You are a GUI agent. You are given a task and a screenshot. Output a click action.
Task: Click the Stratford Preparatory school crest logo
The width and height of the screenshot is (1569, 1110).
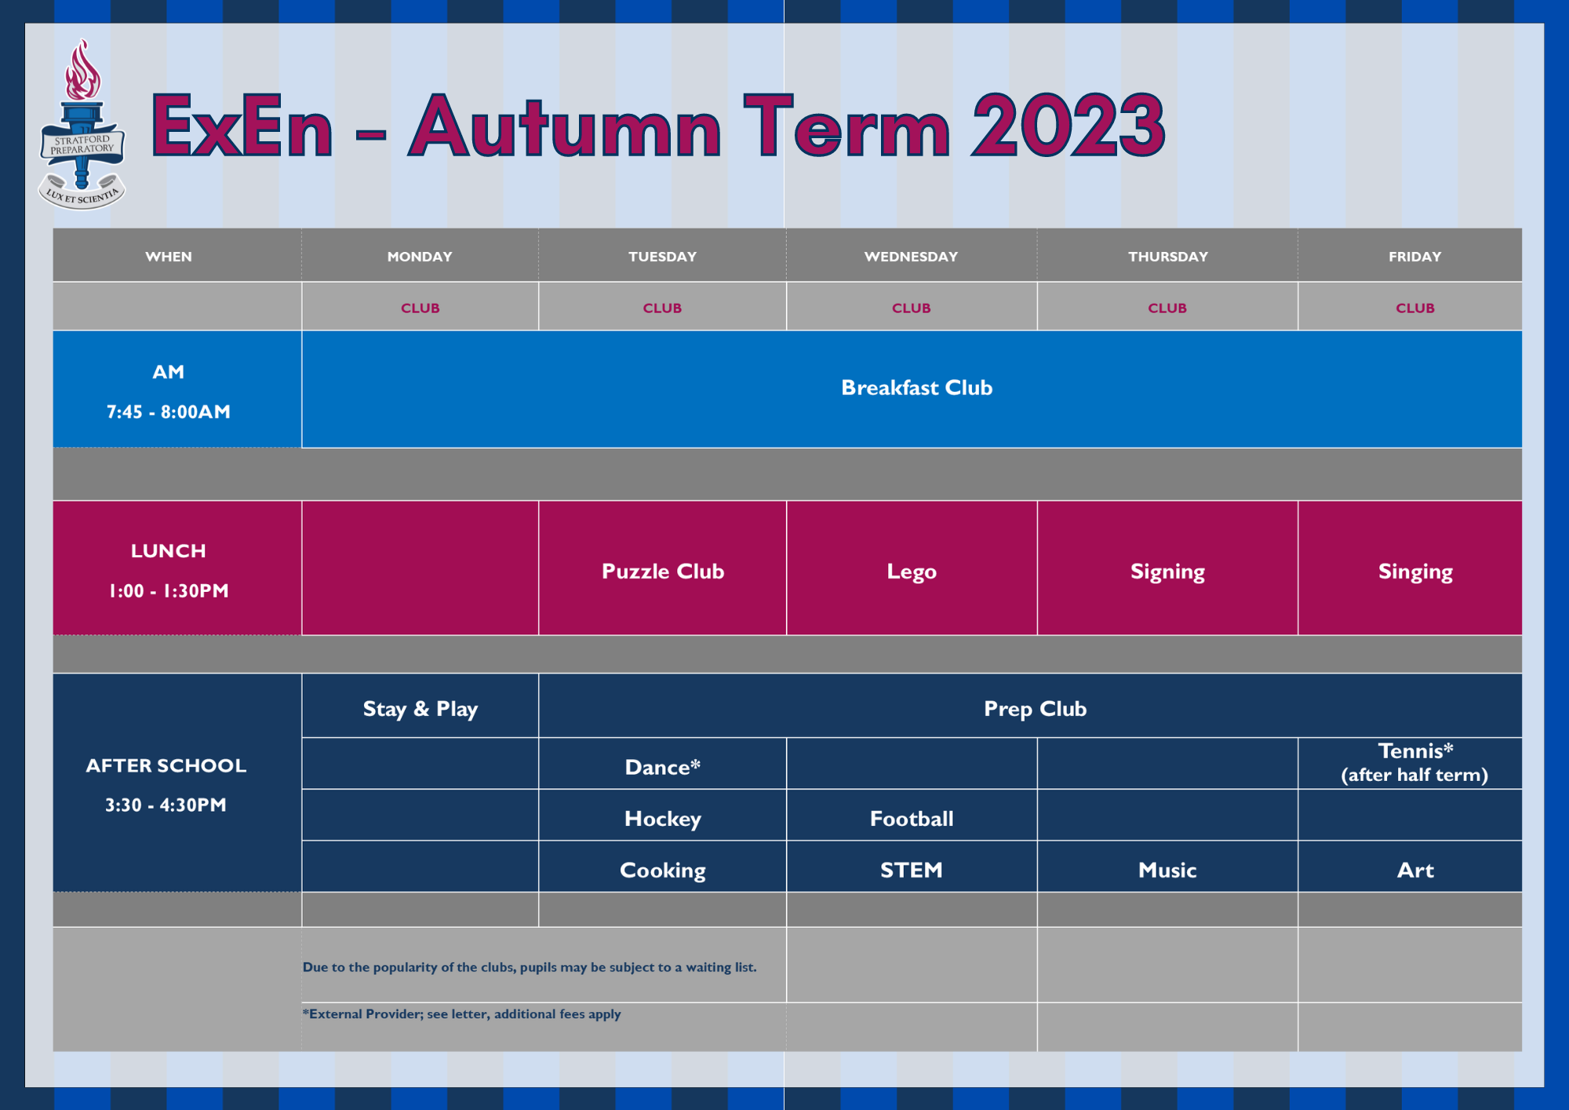pos(82,125)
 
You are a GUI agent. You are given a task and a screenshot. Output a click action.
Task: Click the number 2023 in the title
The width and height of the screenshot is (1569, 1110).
pos(1068,126)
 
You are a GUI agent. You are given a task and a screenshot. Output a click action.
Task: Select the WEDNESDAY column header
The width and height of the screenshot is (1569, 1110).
pos(911,257)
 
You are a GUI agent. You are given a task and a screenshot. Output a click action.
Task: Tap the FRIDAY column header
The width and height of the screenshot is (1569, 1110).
pos(1414,257)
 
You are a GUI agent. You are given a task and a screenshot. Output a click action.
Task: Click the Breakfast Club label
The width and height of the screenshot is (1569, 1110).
pos(916,388)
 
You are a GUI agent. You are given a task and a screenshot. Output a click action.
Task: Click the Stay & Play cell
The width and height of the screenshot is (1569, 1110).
pos(420,709)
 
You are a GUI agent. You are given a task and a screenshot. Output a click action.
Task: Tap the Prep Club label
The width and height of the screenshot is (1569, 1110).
pos(1035,709)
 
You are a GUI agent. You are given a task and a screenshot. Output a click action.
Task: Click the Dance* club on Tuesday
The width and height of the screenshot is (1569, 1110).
pos(662,767)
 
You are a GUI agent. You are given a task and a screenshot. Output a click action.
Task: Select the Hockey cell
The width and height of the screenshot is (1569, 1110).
pos(662,819)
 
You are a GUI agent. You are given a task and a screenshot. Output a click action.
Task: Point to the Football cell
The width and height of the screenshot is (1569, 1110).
pos(912,819)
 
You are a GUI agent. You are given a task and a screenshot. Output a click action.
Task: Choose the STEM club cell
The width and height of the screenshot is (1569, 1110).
pos(912,870)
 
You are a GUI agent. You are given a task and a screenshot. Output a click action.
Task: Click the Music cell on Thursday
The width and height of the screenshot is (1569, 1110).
pos(1167,870)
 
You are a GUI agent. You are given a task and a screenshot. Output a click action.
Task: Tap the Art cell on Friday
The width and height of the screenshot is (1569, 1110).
pos(1415,870)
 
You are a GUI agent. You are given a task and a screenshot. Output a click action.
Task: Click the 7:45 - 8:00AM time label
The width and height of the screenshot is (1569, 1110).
pos(168,412)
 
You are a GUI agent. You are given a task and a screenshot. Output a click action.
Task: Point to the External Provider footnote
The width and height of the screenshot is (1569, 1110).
pos(461,1014)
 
